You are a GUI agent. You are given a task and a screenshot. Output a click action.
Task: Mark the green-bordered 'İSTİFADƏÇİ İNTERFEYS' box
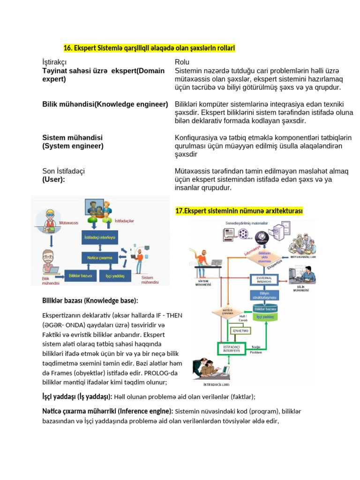(232, 348)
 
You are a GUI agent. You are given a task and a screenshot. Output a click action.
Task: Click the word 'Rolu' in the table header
(182, 62)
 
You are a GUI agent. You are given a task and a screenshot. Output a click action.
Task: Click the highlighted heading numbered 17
(239, 211)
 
